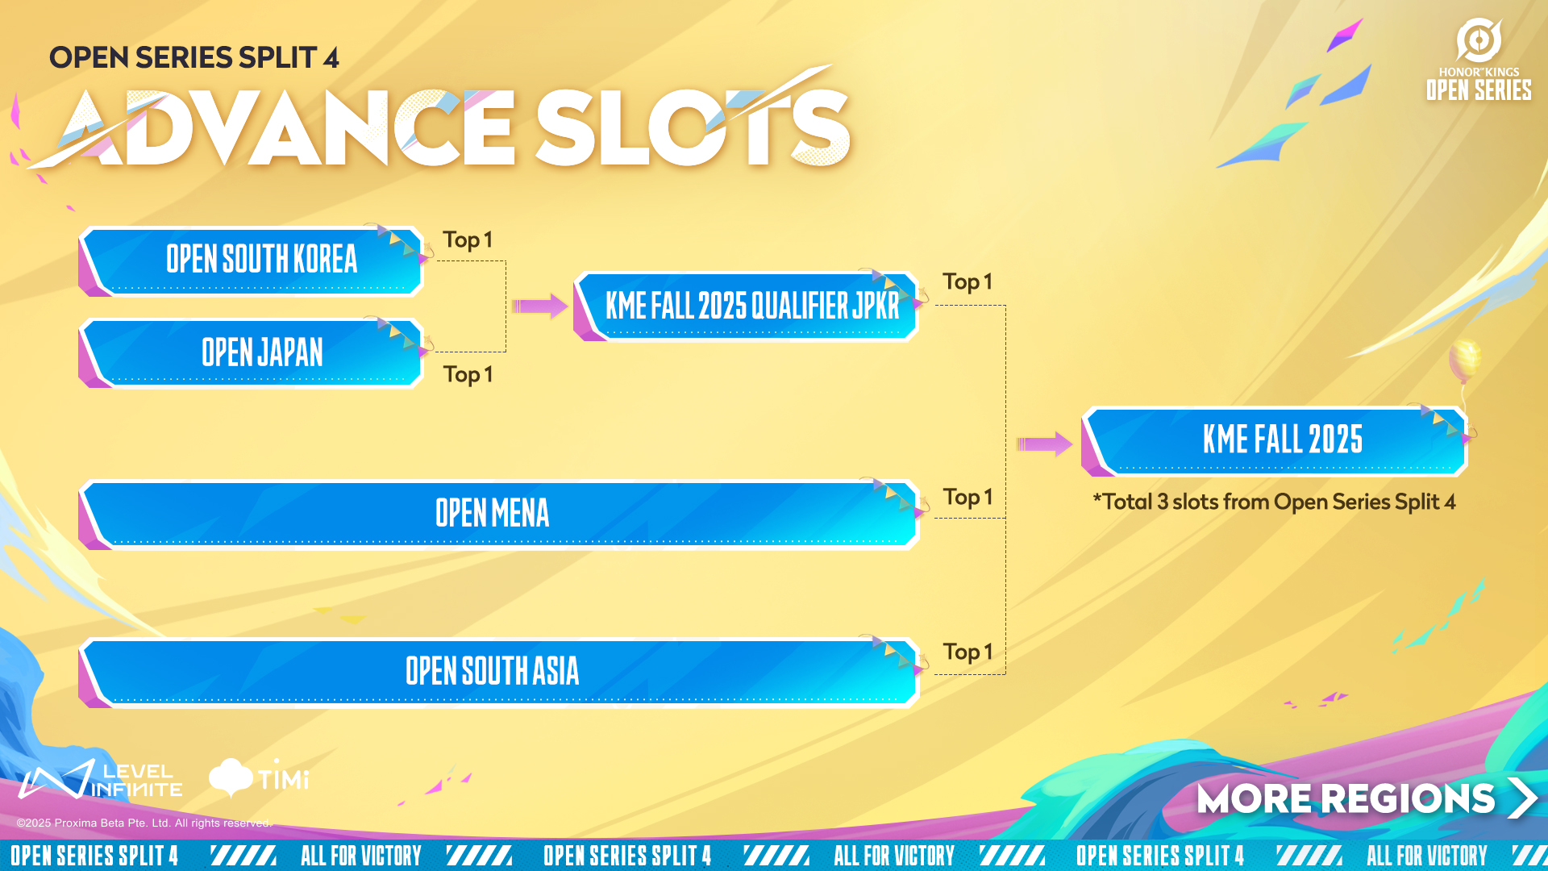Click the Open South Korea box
click(252, 260)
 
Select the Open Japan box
click(252, 353)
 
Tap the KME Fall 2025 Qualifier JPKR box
click(747, 306)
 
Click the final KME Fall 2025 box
click(1275, 441)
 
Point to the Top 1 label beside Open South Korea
click(468, 240)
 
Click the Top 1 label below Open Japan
click(468, 375)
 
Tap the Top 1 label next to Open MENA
click(967, 498)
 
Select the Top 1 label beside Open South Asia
click(967, 652)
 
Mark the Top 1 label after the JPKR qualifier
click(967, 282)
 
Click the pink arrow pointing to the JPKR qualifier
click(539, 306)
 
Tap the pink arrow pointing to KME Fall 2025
click(1044, 444)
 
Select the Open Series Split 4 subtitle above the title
click(193, 58)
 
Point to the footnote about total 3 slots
click(1274, 502)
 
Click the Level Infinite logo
click(101, 779)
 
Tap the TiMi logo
click(259, 777)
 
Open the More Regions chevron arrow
click(1522, 798)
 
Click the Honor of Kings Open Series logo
click(1479, 60)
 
